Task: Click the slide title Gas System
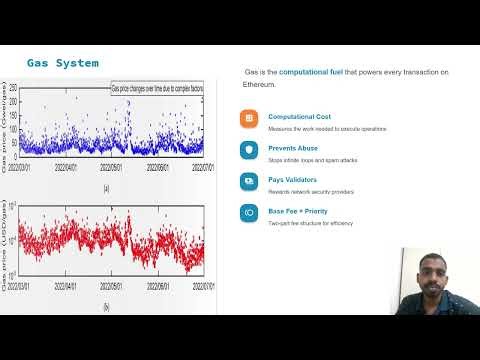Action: point(62,64)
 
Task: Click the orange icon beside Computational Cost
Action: point(249,118)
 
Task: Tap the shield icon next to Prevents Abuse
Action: point(249,150)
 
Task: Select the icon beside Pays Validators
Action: point(249,181)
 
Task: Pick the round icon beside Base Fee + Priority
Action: point(249,213)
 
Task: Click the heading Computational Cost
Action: point(299,116)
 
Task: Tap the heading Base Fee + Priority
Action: point(298,210)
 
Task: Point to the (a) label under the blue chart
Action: point(106,188)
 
